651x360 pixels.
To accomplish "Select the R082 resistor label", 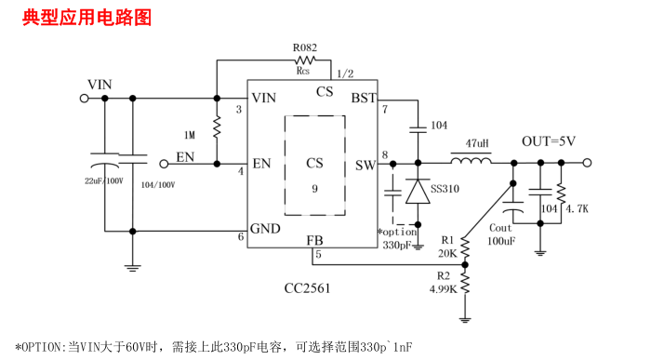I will point(303,47).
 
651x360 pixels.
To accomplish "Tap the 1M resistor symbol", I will point(217,127).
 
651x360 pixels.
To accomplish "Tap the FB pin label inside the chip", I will point(315,242).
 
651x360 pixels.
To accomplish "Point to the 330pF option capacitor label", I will point(396,245).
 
